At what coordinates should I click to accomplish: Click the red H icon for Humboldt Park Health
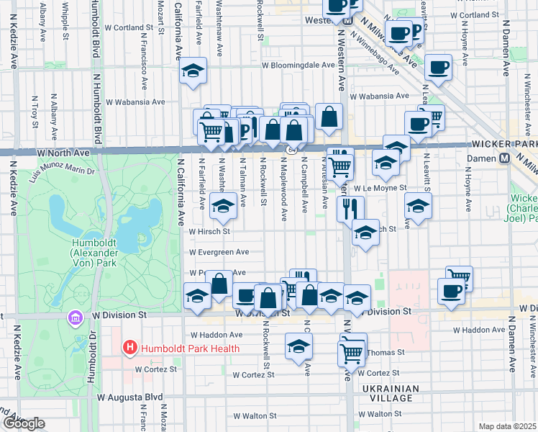(x=130, y=348)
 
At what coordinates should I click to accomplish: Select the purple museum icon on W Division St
(x=75, y=318)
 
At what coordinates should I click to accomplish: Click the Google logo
(x=23, y=423)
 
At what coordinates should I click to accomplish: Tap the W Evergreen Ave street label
(x=219, y=252)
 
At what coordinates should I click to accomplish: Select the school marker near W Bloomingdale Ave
(x=192, y=71)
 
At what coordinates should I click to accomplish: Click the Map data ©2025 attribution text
(x=507, y=426)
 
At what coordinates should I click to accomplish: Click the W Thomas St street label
(x=386, y=353)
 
